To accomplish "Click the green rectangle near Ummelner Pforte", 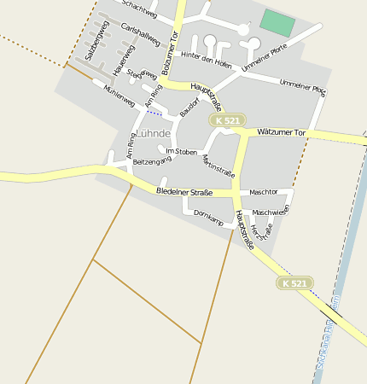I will (x=276, y=22).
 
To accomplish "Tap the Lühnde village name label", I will (x=154, y=134).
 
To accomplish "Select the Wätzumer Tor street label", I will (x=280, y=132).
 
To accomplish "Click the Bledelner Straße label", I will (x=183, y=191).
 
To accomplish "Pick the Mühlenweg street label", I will (x=119, y=96).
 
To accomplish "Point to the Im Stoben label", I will (x=181, y=151).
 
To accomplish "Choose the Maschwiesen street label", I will (x=271, y=211).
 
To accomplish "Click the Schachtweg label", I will (x=139, y=9).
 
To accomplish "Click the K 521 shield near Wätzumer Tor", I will (x=228, y=121).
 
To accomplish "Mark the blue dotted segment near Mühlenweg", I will (x=154, y=113).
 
